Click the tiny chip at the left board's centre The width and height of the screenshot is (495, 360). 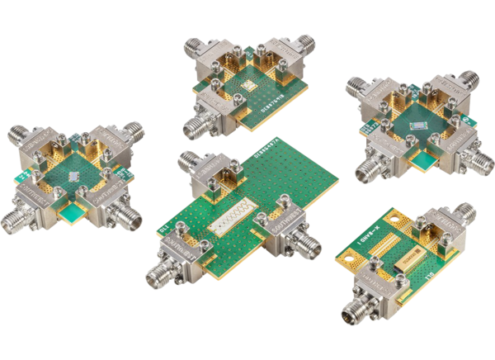click(x=75, y=176)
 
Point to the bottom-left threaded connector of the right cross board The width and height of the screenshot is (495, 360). click(x=365, y=171)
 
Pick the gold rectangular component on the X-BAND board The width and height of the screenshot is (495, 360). click(x=408, y=264)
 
